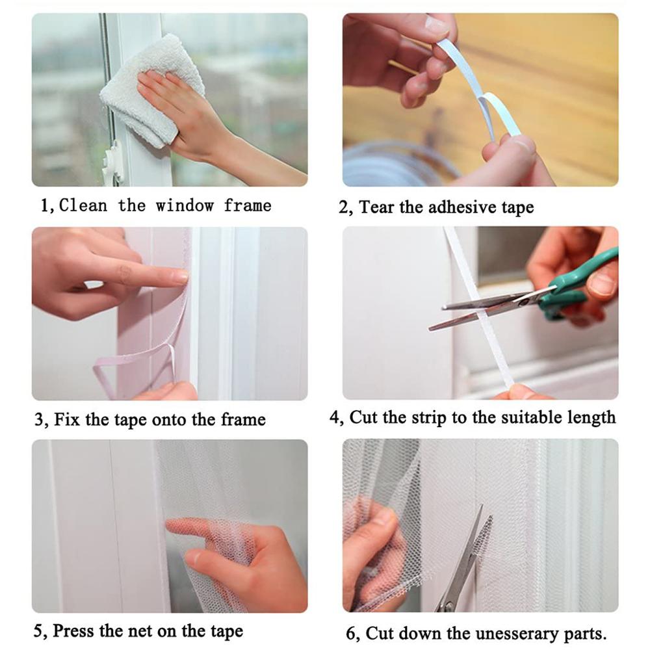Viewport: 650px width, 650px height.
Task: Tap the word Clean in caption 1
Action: pos(83,206)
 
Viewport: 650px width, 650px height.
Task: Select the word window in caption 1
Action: pos(184,206)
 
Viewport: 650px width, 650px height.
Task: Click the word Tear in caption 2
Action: pos(377,207)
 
